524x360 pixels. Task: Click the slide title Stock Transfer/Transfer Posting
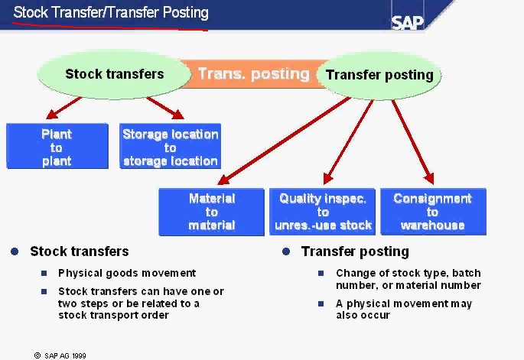tap(111, 13)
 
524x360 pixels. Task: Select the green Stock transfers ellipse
tap(114, 74)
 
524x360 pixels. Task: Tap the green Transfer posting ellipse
tap(379, 75)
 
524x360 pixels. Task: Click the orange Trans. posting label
tap(253, 74)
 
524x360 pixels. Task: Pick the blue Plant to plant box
tap(57, 147)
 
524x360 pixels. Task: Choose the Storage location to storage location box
tap(171, 147)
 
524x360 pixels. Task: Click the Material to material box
tap(212, 212)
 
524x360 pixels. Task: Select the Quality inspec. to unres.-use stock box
tap(323, 212)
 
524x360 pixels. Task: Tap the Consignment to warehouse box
tap(433, 212)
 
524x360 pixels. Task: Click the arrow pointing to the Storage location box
tap(164, 108)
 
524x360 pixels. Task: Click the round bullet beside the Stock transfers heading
tap(15, 251)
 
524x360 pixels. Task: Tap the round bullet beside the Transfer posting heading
tap(286, 251)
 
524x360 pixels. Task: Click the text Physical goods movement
tap(127, 273)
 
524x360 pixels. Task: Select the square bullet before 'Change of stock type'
tap(321, 273)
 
